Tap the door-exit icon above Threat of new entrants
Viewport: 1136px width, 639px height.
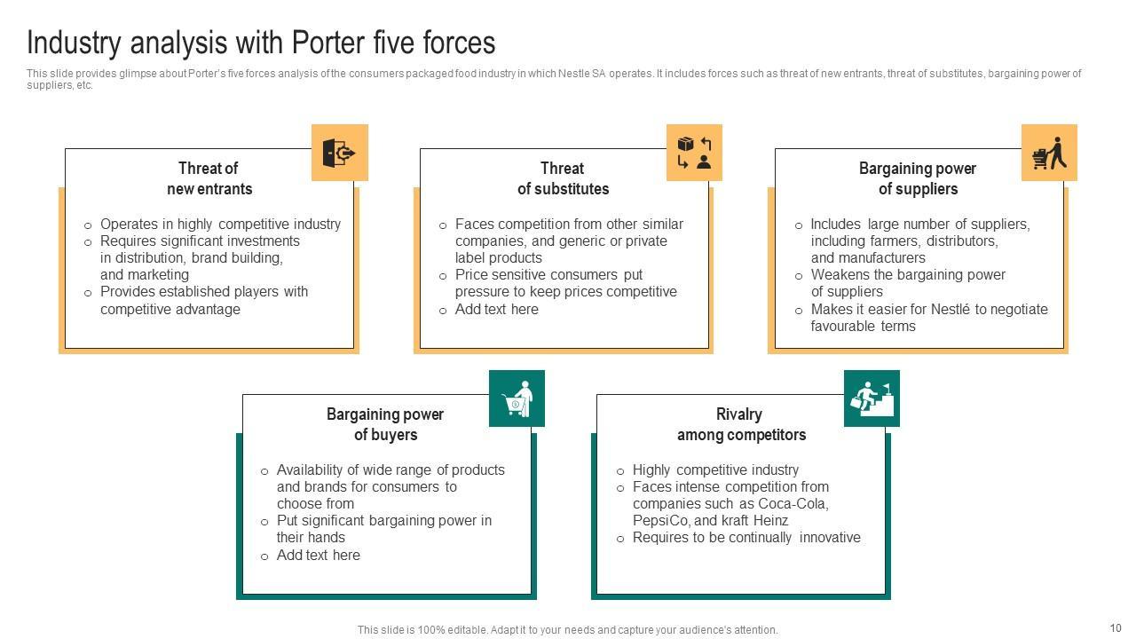click(339, 153)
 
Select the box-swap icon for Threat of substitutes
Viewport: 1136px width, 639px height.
click(694, 153)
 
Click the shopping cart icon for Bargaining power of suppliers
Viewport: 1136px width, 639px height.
click(1049, 153)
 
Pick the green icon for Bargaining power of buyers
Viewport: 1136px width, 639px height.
click(517, 398)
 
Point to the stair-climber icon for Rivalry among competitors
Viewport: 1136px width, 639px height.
click(872, 398)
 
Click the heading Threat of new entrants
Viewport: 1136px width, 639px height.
click(209, 178)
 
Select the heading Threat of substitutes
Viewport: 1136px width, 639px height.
click(564, 178)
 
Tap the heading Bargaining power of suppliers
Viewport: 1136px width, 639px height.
click(918, 178)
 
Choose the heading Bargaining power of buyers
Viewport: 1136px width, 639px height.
click(385, 424)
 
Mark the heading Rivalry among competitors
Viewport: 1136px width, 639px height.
click(741, 424)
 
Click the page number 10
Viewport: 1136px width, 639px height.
click(1116, 627)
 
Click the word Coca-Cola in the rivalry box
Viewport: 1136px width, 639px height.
click(793, 504)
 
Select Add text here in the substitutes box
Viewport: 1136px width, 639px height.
click(496, 309)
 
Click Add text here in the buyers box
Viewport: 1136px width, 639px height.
click(318, 555)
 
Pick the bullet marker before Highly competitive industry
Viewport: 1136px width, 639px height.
click(620, 471)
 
